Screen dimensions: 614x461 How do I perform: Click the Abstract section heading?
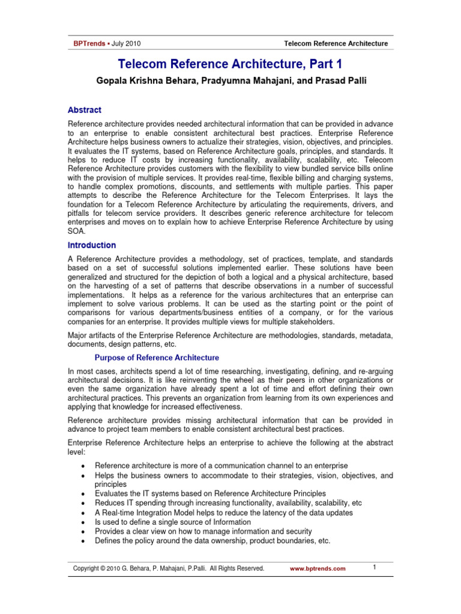84,110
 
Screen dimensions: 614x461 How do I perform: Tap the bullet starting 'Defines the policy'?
212,541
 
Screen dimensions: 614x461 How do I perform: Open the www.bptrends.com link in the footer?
318,569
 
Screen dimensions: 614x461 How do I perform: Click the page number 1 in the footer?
373,567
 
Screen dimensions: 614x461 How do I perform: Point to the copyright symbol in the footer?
103,568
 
